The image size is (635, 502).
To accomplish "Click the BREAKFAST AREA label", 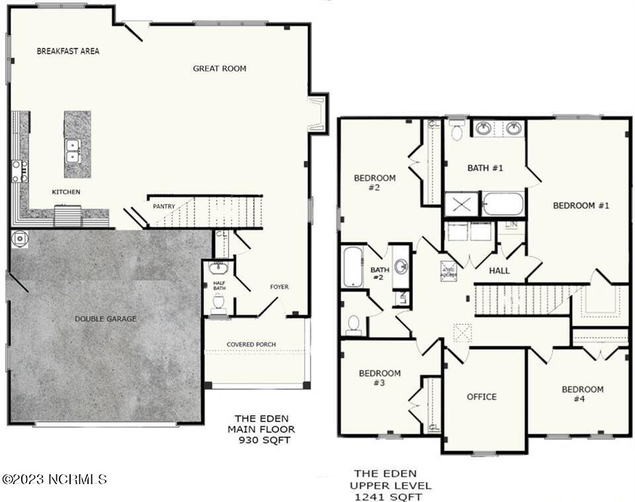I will (67, 51).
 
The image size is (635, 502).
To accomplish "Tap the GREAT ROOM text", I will (220, 68).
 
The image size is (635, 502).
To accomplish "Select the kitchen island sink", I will (73, 151).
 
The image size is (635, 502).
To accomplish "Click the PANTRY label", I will (164, 207).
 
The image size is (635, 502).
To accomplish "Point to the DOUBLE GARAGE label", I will (105, 319).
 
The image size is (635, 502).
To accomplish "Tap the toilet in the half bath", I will (219, 302).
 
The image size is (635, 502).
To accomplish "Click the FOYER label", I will (279, 287).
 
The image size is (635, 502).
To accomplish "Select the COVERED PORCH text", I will (251, 344).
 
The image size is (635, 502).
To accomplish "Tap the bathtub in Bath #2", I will (353, 266).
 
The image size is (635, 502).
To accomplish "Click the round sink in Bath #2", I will (401, 267).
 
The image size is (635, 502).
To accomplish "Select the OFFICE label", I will (482, 397).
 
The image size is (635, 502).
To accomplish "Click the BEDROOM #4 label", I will (583, 393).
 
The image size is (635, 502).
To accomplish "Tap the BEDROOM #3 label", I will (380, 377).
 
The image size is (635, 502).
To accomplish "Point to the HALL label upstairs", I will (499, 271).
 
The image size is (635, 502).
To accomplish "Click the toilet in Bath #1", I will (456, 130).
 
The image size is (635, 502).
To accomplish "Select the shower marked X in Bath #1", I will (461, 204).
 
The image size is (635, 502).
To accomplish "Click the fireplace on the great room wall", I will (317, 113).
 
